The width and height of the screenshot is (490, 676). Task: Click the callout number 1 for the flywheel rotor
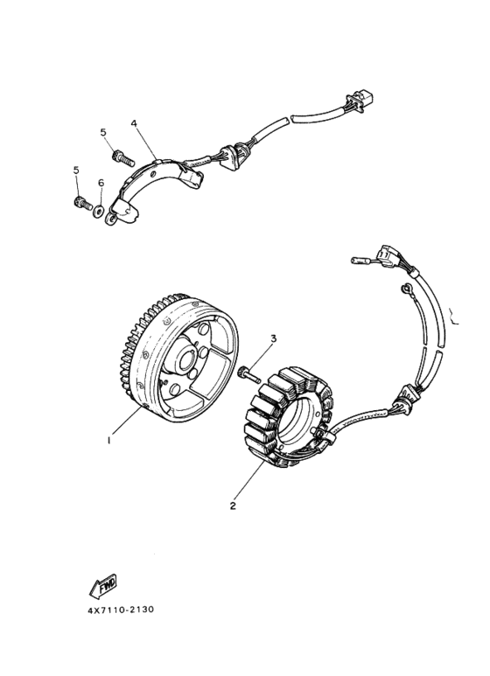[109, 441]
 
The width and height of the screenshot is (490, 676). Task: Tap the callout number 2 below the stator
[233, 505]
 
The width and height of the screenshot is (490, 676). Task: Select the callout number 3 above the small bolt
[273, 338]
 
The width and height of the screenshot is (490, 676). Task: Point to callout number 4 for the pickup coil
[134, 123]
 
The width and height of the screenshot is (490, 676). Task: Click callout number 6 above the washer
[101, 184]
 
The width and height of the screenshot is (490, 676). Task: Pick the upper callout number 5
[103, 132]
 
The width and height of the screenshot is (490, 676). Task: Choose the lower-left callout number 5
[76, 170]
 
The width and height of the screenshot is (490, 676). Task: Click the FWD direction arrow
[102, 586]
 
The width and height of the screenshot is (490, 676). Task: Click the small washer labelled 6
[98, 211]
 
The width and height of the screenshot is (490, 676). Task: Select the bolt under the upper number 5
[122, 157]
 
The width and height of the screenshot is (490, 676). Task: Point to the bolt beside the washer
[83, 202]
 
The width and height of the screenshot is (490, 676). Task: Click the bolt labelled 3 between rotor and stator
[248, 373]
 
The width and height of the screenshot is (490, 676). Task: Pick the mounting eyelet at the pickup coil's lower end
[112, 220]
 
